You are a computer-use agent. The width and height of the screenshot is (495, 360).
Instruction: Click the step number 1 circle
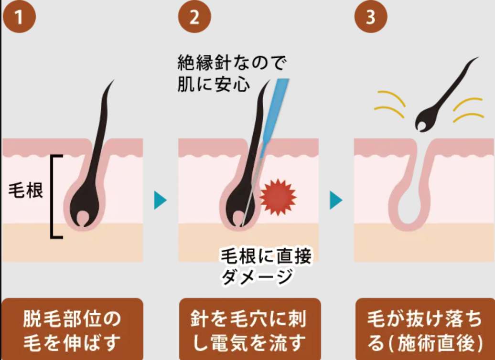(x=19, y=16)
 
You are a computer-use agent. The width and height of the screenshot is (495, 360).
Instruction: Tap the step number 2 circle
(x=194, y=16)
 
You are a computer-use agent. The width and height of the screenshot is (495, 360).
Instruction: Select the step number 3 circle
(x=371, y=16)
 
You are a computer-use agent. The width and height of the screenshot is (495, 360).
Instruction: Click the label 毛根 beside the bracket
(x=26, y=190)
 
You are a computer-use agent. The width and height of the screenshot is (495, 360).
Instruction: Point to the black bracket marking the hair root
(x=52, y=196)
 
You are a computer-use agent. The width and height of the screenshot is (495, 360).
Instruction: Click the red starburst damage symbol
(x=278, y=197)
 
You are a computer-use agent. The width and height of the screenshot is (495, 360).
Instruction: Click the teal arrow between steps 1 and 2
(x=160, y=200)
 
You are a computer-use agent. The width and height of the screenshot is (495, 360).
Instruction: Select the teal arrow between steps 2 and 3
(x=336, y=200)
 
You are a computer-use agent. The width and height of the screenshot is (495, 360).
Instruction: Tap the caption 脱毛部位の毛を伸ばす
(x=72, y=330)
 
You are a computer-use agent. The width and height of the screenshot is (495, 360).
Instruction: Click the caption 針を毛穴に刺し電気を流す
(x=250, y=330)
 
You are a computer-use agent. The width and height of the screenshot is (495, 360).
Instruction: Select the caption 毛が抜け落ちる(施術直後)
(x=425, y=330)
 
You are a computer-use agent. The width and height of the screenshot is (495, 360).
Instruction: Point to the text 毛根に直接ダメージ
(x=266, y=266)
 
